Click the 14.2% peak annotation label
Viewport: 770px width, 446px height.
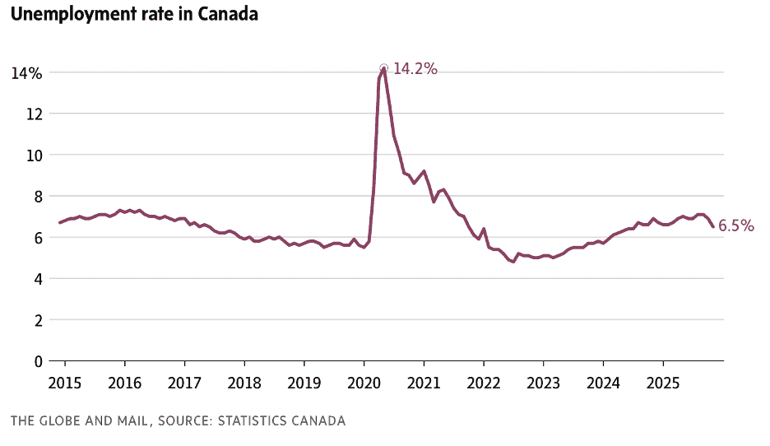pos(415,69)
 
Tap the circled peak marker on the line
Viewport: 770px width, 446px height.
pos(383,68)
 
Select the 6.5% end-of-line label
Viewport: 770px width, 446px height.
pos(736,226)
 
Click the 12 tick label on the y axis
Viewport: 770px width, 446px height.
pos(34,114)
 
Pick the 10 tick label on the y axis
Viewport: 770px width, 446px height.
pos(34,155)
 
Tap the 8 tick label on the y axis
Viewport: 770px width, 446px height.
pos(38,196)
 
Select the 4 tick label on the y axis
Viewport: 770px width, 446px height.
pos(38,278)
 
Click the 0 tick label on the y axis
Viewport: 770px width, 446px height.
pos(38,360)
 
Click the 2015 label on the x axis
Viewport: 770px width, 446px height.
pos(64,383)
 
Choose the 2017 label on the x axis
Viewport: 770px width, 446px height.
pos(184,383)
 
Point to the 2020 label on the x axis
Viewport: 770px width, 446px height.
pos(364,383)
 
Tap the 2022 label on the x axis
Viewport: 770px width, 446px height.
pos(484,383)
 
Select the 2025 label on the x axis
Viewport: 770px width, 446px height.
pos(663,383)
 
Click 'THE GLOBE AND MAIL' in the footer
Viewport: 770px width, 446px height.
pos(79,421)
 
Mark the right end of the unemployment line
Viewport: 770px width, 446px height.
pos(712,226)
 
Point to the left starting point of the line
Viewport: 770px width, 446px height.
pos(59,223)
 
